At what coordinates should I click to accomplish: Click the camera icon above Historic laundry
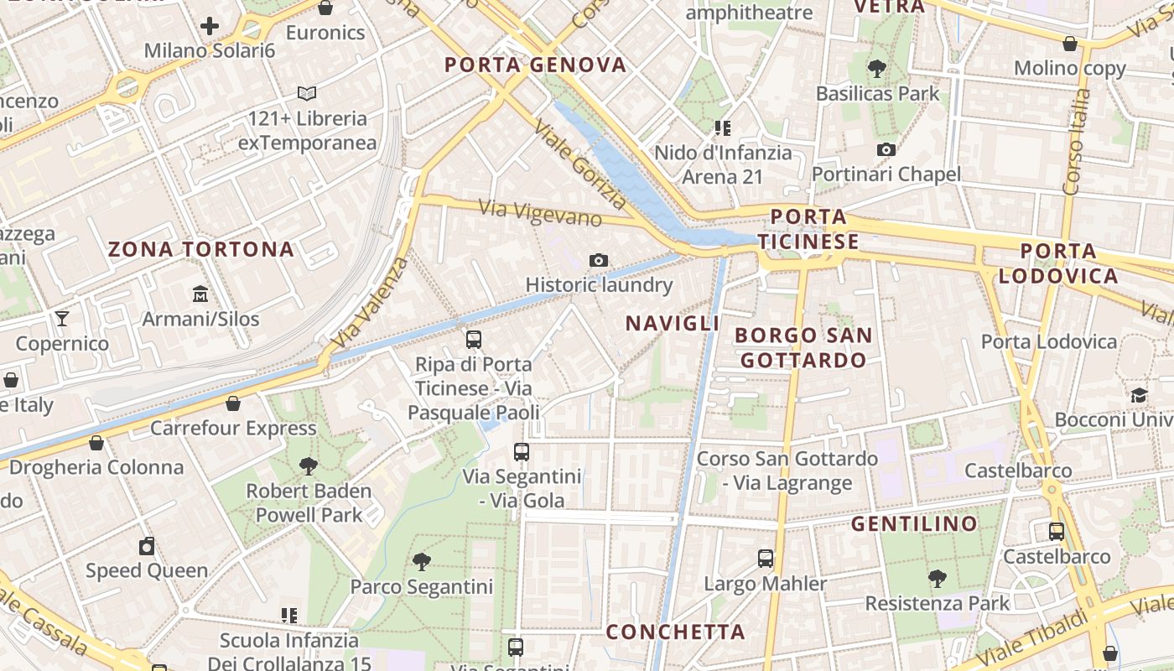598,260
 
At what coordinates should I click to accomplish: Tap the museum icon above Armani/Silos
200,294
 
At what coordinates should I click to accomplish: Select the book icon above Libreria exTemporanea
307,93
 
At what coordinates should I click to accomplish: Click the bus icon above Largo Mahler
765,559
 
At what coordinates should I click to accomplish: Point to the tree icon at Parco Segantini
421,562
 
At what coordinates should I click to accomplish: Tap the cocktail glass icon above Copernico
62,319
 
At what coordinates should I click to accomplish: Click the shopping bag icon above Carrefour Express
233,403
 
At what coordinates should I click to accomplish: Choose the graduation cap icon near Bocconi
1139,395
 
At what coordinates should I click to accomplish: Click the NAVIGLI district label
673,324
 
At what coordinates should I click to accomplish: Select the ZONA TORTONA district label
201,249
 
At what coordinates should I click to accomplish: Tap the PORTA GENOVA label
536,65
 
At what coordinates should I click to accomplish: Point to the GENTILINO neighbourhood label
914,524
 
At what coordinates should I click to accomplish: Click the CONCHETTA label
675,632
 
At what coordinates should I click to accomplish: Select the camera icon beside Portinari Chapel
886,150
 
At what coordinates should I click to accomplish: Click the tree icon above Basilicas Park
877,68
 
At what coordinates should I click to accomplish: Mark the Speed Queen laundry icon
147,546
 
